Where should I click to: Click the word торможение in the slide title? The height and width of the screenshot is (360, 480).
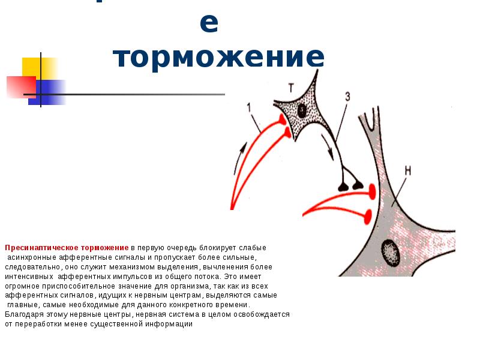[219, 58]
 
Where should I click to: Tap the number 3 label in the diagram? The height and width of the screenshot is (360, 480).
[347, 96]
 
